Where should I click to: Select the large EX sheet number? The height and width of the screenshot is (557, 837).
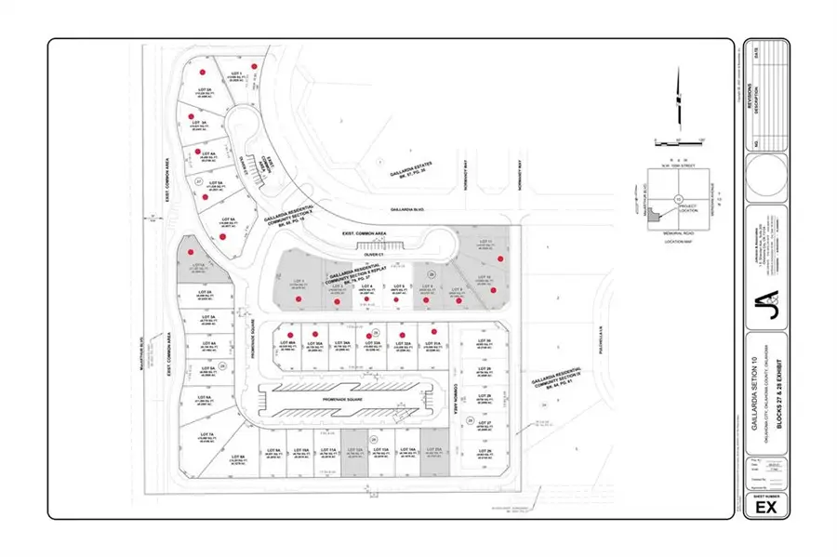pyautogui.click(x=765, y=508)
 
